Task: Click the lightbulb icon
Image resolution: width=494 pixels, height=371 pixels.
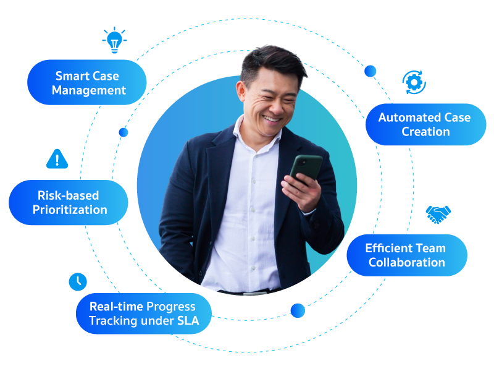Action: pos(114,40)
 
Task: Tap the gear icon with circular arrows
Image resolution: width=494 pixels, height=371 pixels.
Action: pos(414,82)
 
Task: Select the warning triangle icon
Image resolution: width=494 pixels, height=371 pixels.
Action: pos(57,159)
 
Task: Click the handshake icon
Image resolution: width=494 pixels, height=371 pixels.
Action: pos(438,215)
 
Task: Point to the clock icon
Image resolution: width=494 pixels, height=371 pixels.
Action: pos(78,282)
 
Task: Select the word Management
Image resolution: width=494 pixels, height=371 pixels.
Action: pos(89,90)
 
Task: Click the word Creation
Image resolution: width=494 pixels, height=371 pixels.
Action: pos(425,132)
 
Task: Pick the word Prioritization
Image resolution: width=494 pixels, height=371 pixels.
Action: pos(70,210)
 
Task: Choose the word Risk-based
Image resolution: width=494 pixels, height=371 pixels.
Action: pos(68,195)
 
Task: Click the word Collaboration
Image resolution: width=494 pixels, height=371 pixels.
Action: pos(407,262)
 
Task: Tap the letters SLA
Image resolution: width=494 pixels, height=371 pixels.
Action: pos(188,321)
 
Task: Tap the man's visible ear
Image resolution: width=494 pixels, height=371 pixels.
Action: pos(241,92)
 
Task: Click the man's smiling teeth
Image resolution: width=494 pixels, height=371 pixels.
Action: pos(271,119)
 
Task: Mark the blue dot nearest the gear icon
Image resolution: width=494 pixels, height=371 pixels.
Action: pos(370,71)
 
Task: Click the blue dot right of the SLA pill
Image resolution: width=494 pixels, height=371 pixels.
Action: pos(298,311)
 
